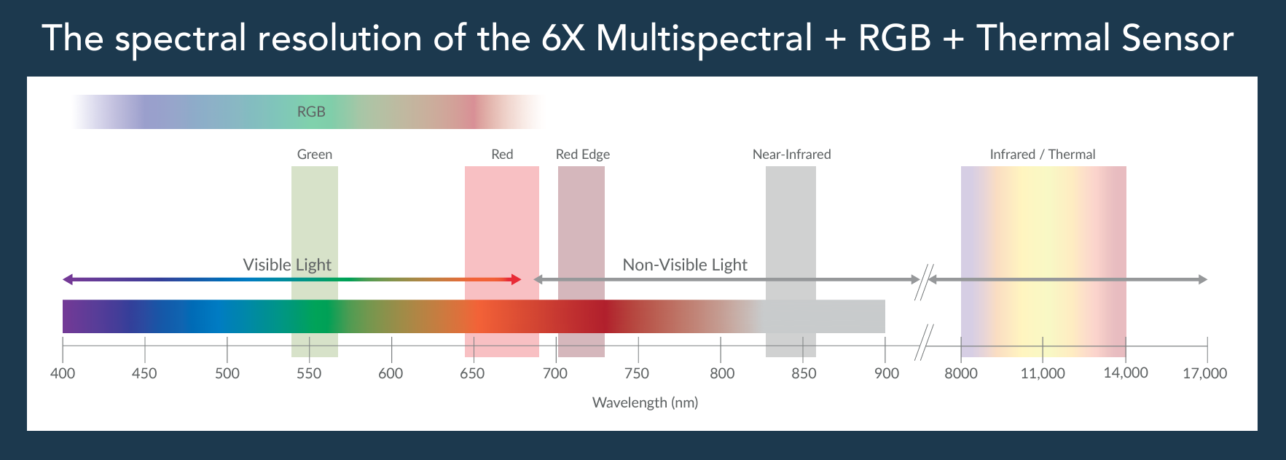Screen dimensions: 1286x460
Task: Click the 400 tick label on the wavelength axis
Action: click(x=63, y=373)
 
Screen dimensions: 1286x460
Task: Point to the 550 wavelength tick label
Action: click(x=309, y=373)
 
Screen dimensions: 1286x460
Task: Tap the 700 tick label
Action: click(x=555, y=373)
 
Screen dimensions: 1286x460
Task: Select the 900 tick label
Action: click(x=886, y=373)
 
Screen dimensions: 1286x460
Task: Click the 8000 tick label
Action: click(x=961, y=373)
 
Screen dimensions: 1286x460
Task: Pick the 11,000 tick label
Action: click(x=1043, y=373)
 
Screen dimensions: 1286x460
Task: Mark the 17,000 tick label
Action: click(x=1205, y=373)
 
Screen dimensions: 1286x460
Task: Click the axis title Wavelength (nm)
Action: click(x=645, y=402)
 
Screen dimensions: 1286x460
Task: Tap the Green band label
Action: click(x=315, y=155)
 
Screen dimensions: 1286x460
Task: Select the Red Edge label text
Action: click(x=583, y=155)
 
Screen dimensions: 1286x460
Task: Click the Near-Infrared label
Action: click(x=791, y=155)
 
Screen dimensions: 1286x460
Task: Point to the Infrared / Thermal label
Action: click(x=1043, y=155)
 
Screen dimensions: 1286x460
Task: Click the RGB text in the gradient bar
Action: click(x=311, y=112)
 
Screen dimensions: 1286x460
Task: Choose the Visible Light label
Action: click(x=287, y=265)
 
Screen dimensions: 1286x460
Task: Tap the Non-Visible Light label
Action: click(x=685, y=265)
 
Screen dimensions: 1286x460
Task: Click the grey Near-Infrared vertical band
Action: click(x=791, y=262)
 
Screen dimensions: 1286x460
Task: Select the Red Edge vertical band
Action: click(x=581, y=262)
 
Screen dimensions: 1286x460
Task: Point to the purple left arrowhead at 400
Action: click(x=68, y=279)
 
